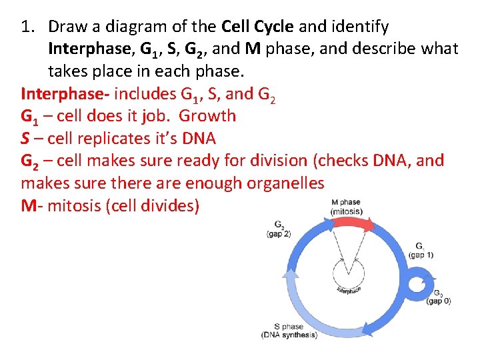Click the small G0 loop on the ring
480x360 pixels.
click(419, 283)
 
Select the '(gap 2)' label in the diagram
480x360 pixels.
click(278, 234)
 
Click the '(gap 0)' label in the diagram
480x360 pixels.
click(439, 301)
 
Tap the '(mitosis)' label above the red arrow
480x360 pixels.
click(346, 211)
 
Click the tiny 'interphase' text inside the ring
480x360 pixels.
click(348, 290)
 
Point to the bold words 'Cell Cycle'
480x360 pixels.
click(257, 27)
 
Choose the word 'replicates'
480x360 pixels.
click(120, 139)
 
